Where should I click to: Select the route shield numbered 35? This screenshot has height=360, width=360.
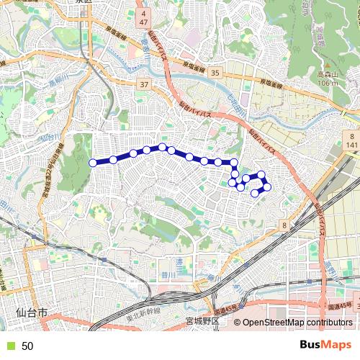(x=215, y=73)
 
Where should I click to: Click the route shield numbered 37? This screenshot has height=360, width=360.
(x=145, y=85)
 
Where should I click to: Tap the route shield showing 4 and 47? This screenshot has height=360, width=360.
(x=144, y=19)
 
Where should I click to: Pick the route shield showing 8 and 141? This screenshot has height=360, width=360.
(x=351, y=140)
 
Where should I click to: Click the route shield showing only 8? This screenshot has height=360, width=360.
(x=285, y=226)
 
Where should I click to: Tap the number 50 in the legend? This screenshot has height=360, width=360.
(x=27, y=346)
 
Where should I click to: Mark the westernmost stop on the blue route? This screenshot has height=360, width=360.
(x=92, y=163)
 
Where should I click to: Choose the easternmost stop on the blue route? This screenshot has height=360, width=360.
(x=267, y=187)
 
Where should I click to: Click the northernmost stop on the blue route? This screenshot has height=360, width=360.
(x=163, y=147)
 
